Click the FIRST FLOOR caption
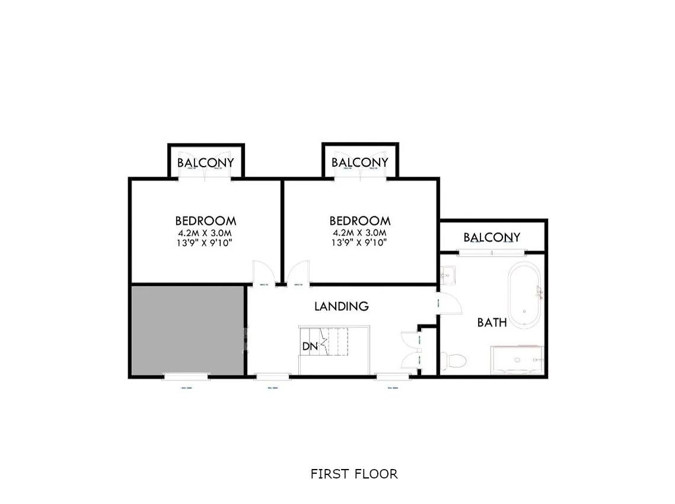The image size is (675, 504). (x=354, y=474)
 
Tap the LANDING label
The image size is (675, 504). (x=341, y=306)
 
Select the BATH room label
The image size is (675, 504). (x=492, y=323)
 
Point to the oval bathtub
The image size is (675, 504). (x=524, y=295)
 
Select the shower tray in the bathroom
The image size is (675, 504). (x=516, y=360)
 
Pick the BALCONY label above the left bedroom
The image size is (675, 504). (x=205, y=162)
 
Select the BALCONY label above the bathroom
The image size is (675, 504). (x=492, y=238)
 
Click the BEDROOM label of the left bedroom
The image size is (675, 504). (x=205, y=221)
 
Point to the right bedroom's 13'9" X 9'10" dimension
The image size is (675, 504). (x=359, y=242)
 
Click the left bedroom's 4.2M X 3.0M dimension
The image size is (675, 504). (x=205, y=232)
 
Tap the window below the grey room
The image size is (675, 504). (x=186, y=376)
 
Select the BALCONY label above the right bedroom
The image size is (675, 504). (x=359, y=162)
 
